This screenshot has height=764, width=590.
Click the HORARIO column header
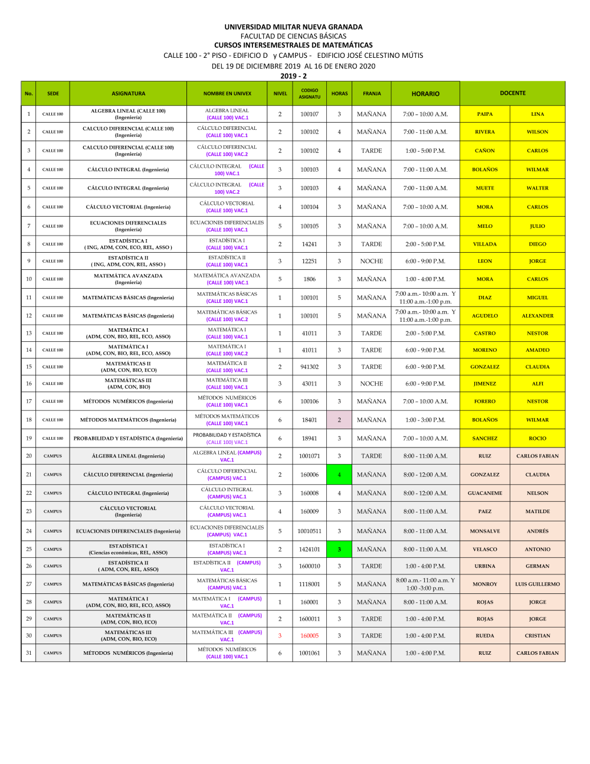[425, 93]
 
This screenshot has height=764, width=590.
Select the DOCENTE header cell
[512, 93]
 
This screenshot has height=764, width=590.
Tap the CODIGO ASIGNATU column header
[309, 93]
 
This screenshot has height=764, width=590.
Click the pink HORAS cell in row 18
[339, 420]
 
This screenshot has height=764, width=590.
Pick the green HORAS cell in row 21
[339, 474]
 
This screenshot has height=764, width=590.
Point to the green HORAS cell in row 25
[339, 549]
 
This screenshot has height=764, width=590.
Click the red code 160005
[309, 636]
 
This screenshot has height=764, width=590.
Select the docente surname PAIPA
[485, 114]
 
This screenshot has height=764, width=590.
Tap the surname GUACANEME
[485, 493]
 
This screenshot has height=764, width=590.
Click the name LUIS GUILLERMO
[537, 584]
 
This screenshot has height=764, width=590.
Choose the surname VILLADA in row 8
[485, 244]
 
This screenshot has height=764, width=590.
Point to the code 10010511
[309, 531]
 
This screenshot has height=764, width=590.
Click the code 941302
[309, 367]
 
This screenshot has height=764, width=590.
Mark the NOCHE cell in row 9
[372, 261]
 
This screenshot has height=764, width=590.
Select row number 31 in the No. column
[28, 653]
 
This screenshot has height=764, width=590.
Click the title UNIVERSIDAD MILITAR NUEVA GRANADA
[293, 27]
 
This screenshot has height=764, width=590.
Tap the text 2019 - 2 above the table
[293, 76]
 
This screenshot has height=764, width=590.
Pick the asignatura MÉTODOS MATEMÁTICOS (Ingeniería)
[128, 420]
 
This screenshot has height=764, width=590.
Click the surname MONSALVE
[485, 531]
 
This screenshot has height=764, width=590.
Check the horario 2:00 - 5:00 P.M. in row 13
[425, 333]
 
